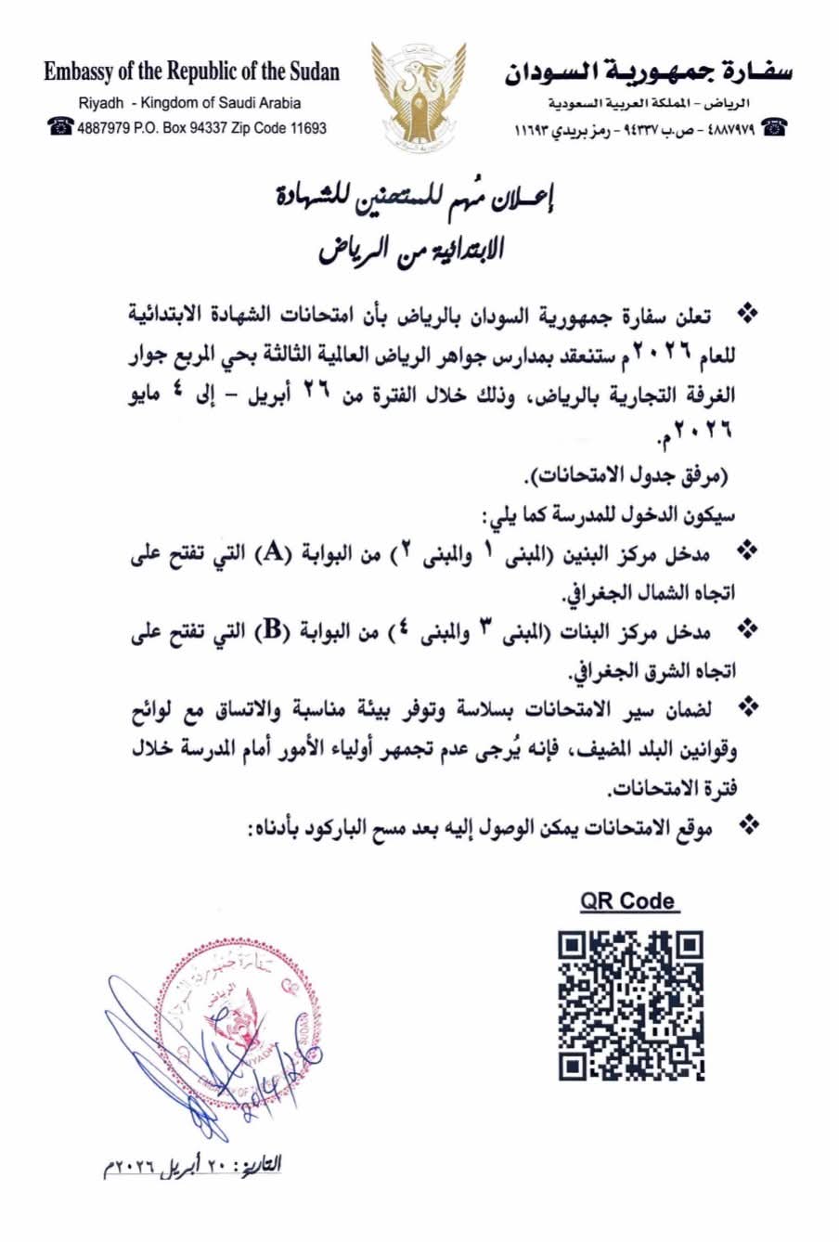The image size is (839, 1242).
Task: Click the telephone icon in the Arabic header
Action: (773, 128)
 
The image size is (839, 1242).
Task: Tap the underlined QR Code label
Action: (628, 900)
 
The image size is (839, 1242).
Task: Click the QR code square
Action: (630, 1005)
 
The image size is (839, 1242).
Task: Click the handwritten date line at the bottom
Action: (191, 1165)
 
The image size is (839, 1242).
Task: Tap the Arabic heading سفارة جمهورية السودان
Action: (649, 71)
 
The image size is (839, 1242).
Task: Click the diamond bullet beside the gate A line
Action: (745, 551)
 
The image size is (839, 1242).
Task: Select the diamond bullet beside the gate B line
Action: (745, 629)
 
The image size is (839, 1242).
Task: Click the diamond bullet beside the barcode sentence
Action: (745, 823)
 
